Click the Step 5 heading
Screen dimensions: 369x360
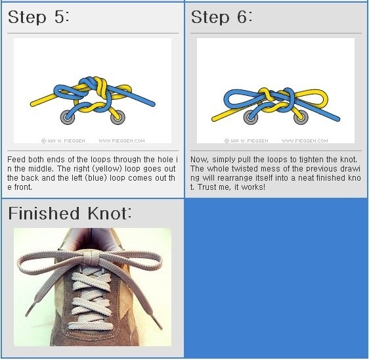pyautogui.click(x=39, y=17)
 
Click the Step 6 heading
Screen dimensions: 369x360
pyautogui.click(x=222, y=17)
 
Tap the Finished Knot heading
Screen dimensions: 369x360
pyautogui.click(x=70, y=214)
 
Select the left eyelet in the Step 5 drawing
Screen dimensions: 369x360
pyautogui.click(x=68, y=117)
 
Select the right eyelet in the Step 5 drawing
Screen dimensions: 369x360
pyautogui.click(x=118, y=117)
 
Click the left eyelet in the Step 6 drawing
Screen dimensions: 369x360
pyautogui.click(x=251, y=117)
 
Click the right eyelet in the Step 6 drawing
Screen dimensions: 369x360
pyautogui.click(x=301, y=117)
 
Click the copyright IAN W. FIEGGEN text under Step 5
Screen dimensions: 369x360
pyautogui.click(x=63, y=141)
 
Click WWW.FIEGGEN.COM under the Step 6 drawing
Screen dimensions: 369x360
pyautogui.click(x=305, y=141)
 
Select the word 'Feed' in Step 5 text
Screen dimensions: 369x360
pyautogui.click(x=16, y=160)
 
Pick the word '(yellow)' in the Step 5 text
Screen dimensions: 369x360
pyautogui.click(x=107, y=169)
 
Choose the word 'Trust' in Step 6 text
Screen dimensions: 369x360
pyautogui.click(x=207, y=187)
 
